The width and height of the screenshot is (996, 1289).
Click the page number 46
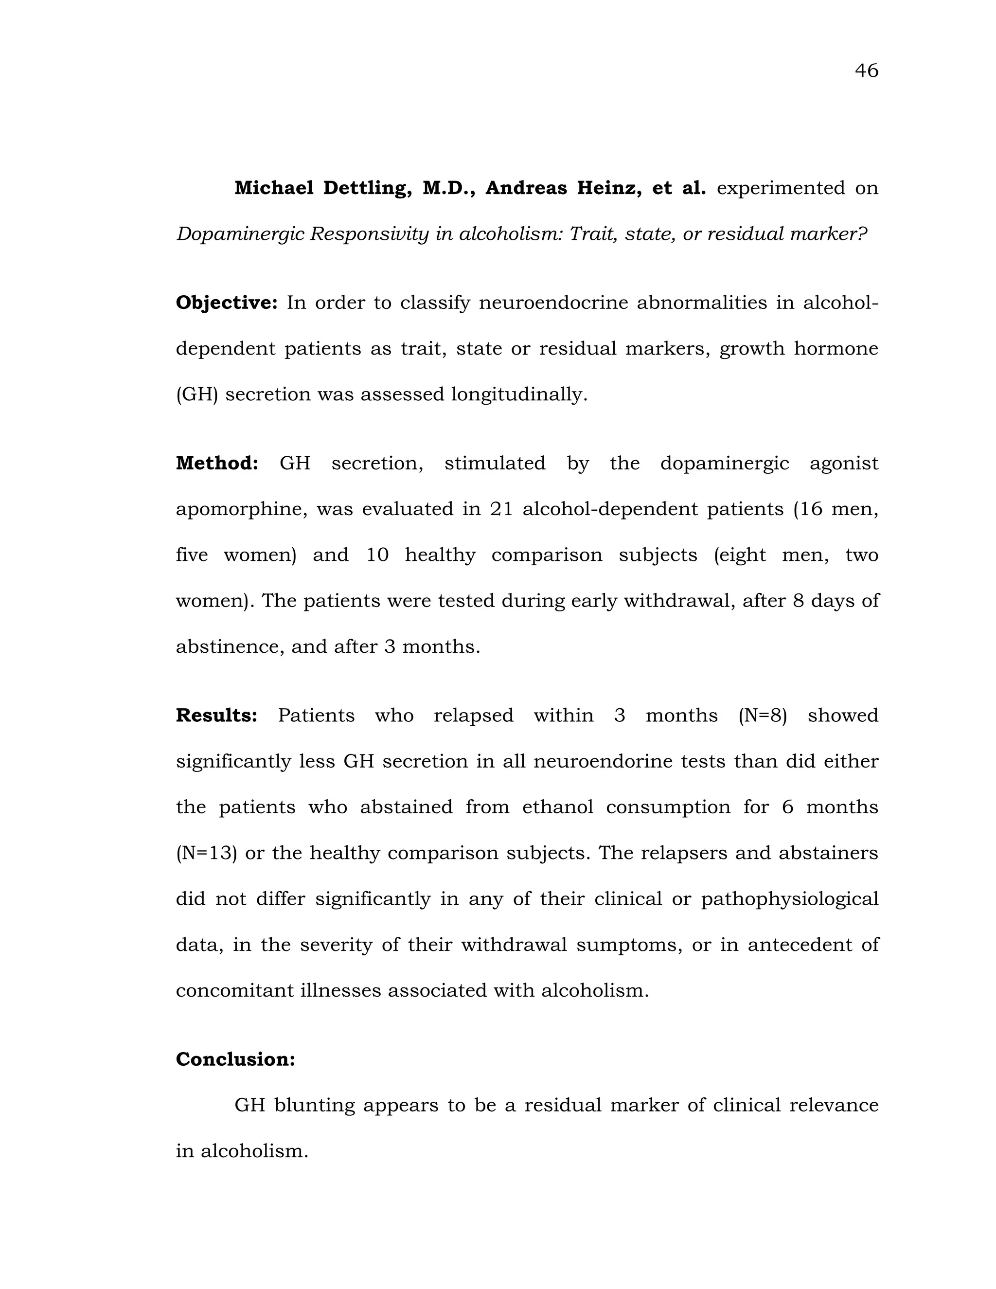pos(866,71)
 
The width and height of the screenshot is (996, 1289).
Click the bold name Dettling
pos(367,188)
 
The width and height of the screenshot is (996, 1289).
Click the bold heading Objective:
pos(227,303)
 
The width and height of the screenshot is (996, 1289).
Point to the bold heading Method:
pos(217,463)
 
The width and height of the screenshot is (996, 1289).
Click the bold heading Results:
pos(216,716)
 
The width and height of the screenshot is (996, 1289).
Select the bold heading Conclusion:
pos(235,1059)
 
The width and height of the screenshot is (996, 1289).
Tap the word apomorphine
pos(241,509)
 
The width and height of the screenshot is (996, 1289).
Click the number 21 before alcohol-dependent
pos(501,509)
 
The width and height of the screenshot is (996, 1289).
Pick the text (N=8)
pos(763,716)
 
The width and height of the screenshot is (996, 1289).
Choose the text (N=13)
pos(207,854)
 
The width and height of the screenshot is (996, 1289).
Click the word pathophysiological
pos(789,899)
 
